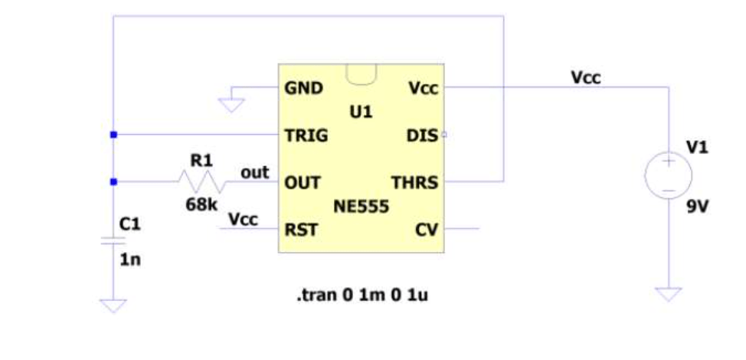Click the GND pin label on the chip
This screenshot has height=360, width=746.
(x=303, y=88)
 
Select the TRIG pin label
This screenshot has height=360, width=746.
(x=306, y=136)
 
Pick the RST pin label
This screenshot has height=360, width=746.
(x=300, y=229)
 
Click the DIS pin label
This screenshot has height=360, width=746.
(x=422, y=136)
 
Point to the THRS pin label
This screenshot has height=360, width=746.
(x=414, y=183)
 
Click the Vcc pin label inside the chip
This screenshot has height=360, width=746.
(x=423, y=88)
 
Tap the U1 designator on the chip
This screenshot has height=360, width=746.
(x=361, y=112)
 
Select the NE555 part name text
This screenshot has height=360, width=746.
(x=361, y=206)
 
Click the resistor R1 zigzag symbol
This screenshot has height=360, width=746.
(x=201, y=182)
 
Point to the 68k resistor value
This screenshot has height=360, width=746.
(x=201, y=205)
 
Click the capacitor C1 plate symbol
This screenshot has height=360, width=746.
(x=113, y=241)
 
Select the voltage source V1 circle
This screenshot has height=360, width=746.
(x=668, y=175)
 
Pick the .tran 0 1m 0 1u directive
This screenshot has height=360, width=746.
(x=362, y=294)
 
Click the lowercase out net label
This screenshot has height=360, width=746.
(x=255, y=172)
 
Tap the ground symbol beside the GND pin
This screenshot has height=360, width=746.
(x=231, y=103)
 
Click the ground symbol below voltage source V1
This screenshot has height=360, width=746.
(x=669, y=293)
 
